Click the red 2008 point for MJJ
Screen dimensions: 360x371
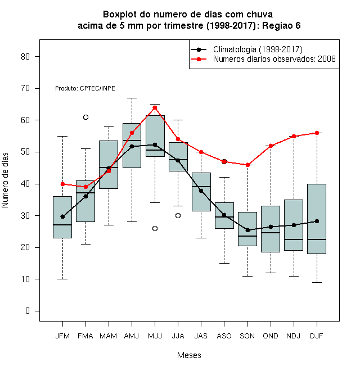[155, 108]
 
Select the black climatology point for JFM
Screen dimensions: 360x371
[63, 216]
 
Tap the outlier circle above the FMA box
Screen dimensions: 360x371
[85, 117]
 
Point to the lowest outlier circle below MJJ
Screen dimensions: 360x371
[155, 228]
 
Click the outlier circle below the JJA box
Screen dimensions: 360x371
[178, 215]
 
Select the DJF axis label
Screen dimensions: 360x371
[317, 336]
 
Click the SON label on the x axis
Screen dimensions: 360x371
[247, 336]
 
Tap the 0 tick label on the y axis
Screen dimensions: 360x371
[28, 311]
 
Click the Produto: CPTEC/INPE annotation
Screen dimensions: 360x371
[85, 88]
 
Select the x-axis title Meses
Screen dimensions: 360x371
[189, 355]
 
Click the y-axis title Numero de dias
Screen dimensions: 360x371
[5, 180]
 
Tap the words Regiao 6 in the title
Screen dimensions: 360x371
[281, 25]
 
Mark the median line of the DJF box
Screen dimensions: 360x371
[317, 239]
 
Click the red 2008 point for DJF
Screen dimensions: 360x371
[317, 133]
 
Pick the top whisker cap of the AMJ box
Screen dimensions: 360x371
[132, 98]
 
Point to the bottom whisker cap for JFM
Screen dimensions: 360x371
[63, 279]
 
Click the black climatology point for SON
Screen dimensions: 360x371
[247, 230]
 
